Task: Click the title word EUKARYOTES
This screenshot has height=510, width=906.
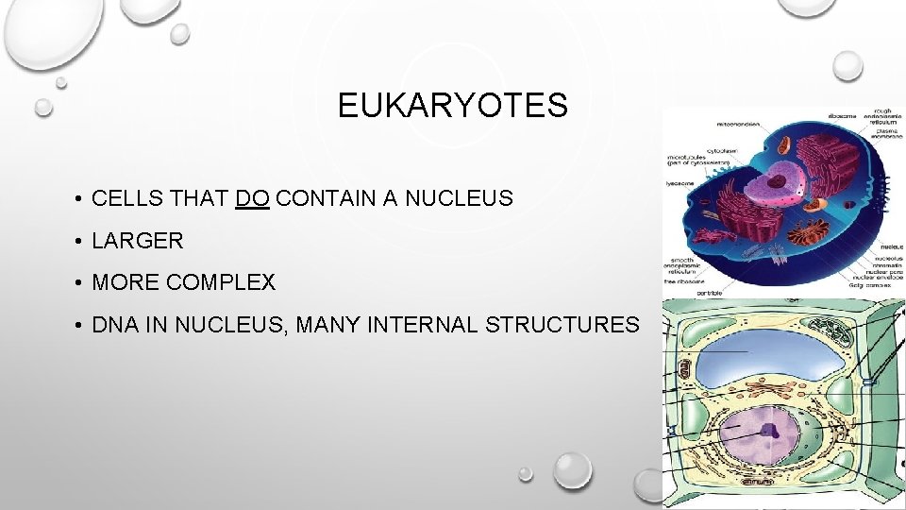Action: click(x=452, y=106)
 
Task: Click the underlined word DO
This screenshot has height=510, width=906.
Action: click(x=253, y=198)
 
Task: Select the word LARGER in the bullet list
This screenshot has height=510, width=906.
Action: click(x=138, y=241)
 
